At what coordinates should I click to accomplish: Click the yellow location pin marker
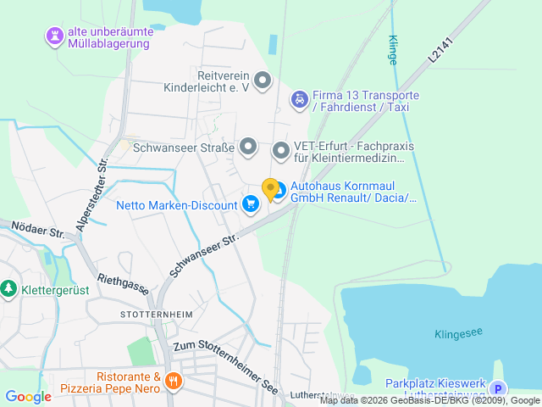(270, 189)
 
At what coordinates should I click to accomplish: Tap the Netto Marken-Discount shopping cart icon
(250, 204)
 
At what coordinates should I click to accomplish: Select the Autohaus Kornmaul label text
(354, 192)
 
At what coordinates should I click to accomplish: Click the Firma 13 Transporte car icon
(299, 101)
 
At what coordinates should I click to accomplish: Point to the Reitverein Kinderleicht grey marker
(263, 81)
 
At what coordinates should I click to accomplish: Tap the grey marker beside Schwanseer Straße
(248, 148)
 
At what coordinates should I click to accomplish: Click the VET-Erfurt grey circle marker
(281, 151)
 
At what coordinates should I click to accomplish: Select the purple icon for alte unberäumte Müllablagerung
(55, 36)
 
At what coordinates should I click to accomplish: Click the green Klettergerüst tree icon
(8, 288)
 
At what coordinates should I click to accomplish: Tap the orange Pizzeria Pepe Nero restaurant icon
(174, 382)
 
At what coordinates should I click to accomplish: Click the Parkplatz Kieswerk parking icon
(497, 389)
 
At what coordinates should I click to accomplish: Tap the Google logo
(28, 396)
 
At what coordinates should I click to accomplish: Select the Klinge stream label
(391, 50)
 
